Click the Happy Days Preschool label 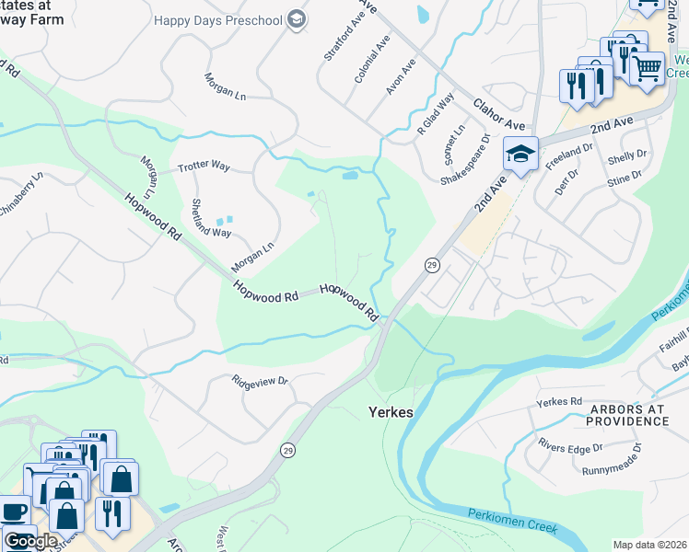(x=217, y=19)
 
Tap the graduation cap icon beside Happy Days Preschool (x=297, y=19)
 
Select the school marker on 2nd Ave (x=520, y=154)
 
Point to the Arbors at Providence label (x=629, y=414)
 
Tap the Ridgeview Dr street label (x=261, y=381)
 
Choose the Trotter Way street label (x=203, y=167)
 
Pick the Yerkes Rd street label (x=560, y=402)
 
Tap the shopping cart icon (x=648, y=66)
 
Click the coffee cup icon (x=12, y=512)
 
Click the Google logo (x=30, y=541)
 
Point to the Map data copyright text (x=649, y=545)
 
